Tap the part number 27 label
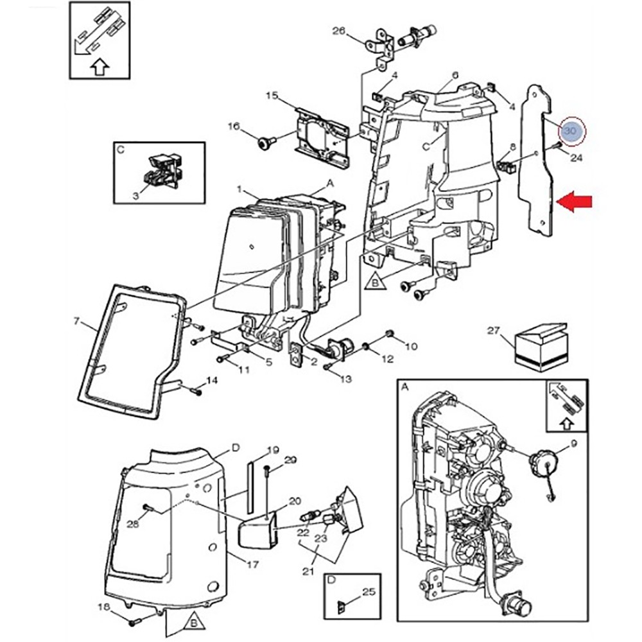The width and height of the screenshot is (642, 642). pos(492,331)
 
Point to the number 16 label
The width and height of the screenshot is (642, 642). pos(233,127)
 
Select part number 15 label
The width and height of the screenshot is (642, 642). pos(272,96)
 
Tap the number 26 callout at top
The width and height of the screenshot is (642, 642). pos(338,30)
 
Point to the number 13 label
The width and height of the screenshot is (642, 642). pos(345,379)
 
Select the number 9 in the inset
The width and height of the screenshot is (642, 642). pos(573,443)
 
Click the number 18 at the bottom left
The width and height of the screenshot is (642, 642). pos(103,607)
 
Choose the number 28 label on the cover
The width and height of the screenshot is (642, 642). pos(133,525)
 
